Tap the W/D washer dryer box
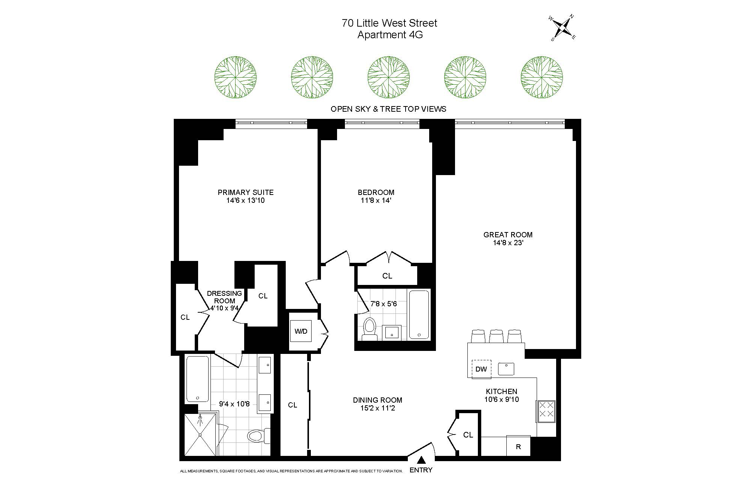tap(301, 331)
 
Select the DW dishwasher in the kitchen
tap(481, 369)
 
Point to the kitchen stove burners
tap(546, 409)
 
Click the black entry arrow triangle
tap(422, 460)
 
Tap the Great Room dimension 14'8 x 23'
tap(508, 243)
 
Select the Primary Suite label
tap(246, 192)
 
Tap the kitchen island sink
tap(506, 369)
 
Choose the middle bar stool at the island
tap(496, 336)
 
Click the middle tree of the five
tap(388, 77)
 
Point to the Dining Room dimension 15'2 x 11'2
tap(377, 408)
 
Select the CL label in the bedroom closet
tap(387, 276)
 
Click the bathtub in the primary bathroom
tap(197, 379)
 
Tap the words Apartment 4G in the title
tap(390, 35)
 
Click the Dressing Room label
tap(224, 297)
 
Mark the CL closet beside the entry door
tap(468, 435)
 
